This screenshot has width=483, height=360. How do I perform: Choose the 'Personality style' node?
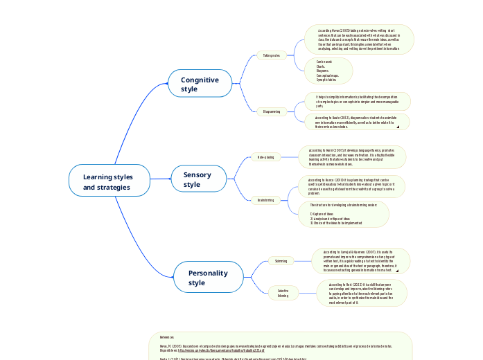pyautogui.click(x=207, y=278)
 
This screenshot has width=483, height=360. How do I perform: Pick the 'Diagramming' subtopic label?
pyautogui.click(x=272, y=111)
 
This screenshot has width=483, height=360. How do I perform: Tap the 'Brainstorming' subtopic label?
pyautogui.click(x=265, y=200)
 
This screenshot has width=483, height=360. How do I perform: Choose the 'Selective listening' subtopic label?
pyautogui.click(x=283, y=293)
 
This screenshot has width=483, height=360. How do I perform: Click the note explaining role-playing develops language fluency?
pyautogui.click(x=351, y=156)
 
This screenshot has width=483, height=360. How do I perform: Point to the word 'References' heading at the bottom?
pyautogui.click(x=162, y=336)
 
